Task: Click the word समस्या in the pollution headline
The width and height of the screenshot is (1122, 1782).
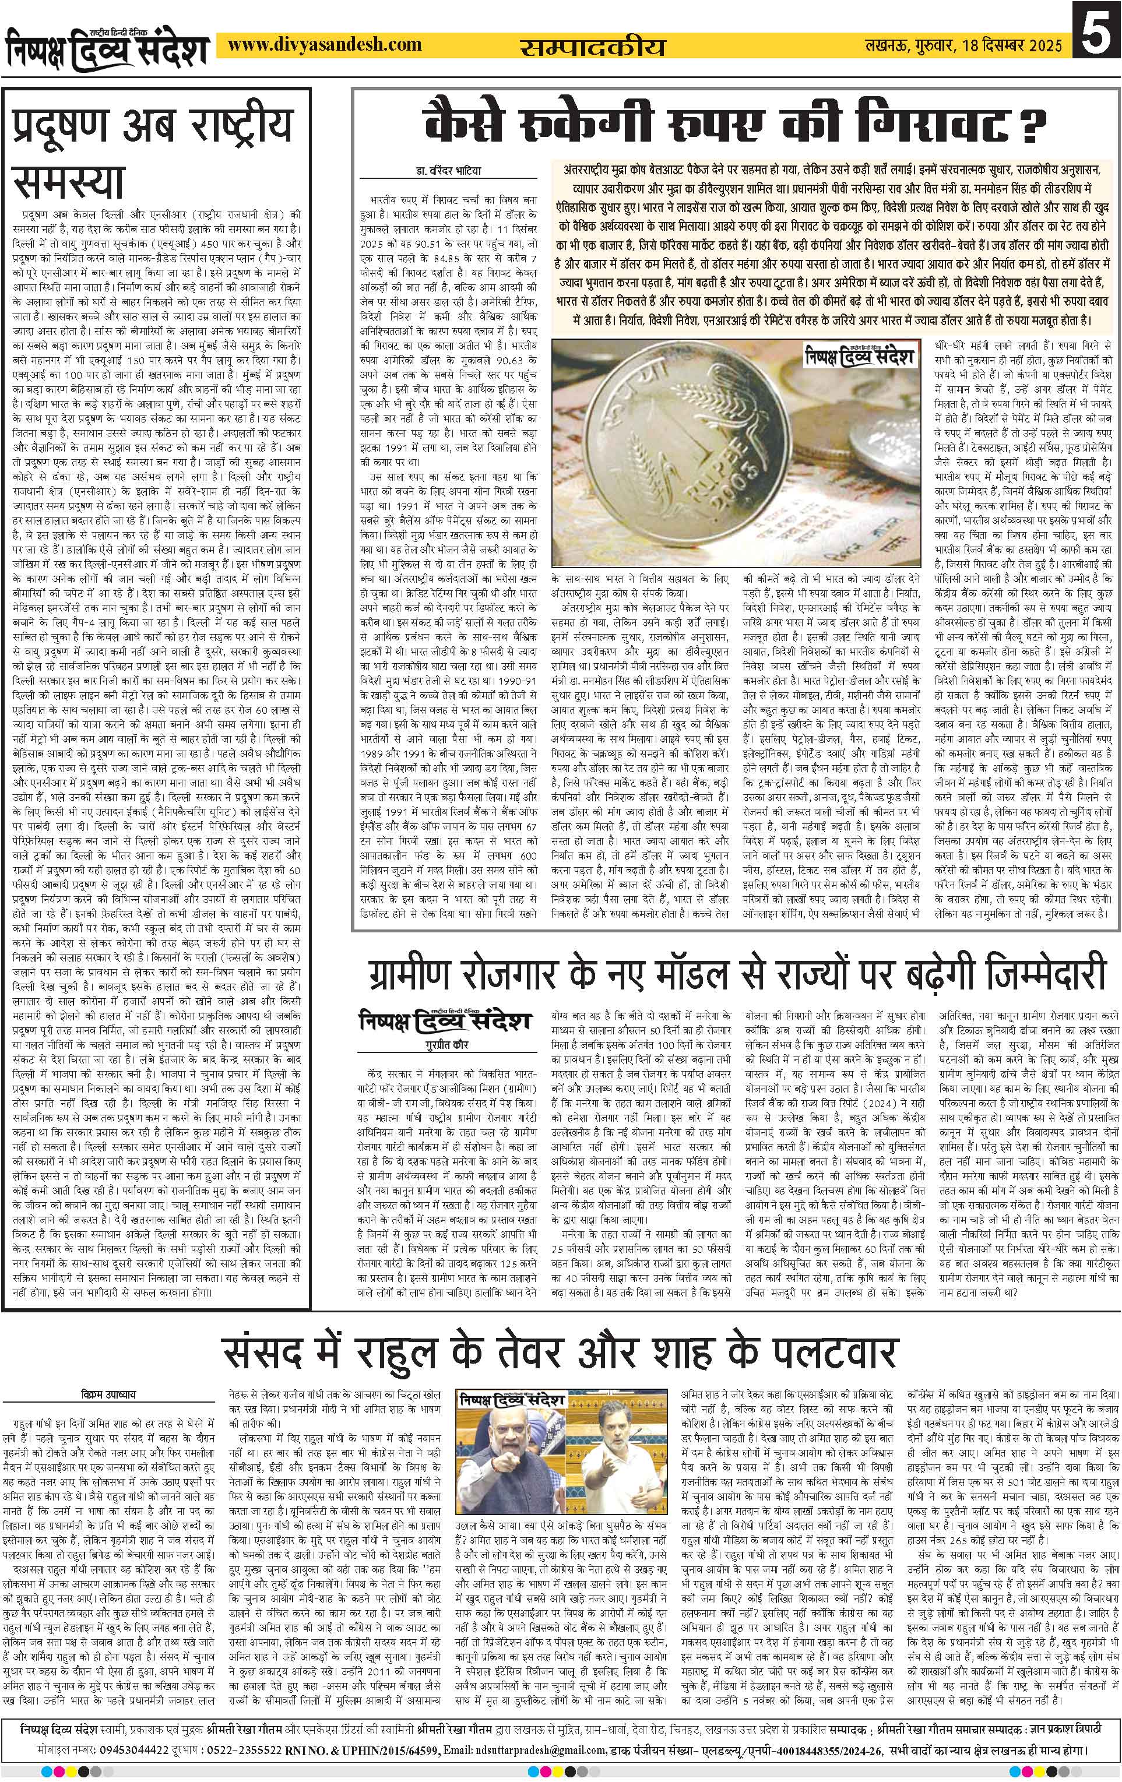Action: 69,182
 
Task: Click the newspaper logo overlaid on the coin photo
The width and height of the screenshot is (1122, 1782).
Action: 861,359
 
